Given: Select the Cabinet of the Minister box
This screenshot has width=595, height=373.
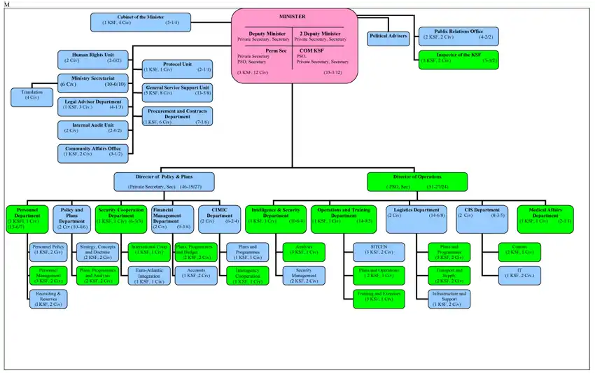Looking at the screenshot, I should tap(136, 22).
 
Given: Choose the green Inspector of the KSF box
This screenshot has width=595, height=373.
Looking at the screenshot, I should tap(458, 59).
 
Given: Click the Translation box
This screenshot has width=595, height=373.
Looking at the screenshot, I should tap(31, 97).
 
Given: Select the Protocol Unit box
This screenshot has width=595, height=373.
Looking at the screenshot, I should tap(176, 67).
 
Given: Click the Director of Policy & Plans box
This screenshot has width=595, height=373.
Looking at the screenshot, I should tap(164, 182).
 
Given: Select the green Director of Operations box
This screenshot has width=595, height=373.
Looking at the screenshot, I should tap(409, 182).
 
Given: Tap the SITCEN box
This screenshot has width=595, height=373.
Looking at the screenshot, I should tap(377, 250).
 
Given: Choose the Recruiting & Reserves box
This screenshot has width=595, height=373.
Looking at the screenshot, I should tap(48, 299).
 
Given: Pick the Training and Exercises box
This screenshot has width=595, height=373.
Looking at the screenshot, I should tap(377, 297).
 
